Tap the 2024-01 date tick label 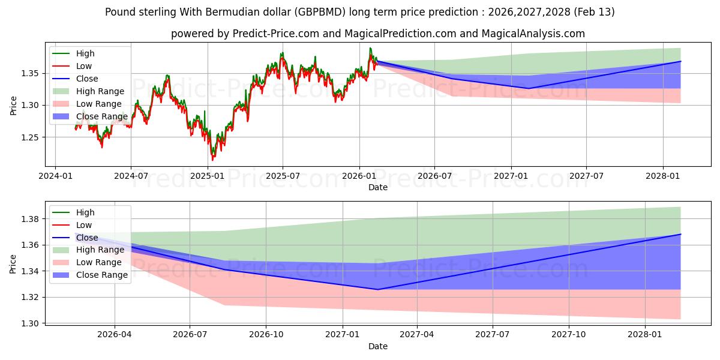(55, 176)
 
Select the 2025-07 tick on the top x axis (283, 176)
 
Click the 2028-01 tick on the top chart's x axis (663, 176)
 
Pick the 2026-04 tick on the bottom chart (115, 335)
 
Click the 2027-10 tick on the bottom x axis (568, 335)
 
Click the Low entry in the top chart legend (85, 66)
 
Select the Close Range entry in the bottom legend (101, 275)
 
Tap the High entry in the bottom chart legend (85, 212)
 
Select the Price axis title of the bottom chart (13, 264)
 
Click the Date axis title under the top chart (378, 187)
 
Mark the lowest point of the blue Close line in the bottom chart (377, 290)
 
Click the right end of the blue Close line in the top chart (680, 61)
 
